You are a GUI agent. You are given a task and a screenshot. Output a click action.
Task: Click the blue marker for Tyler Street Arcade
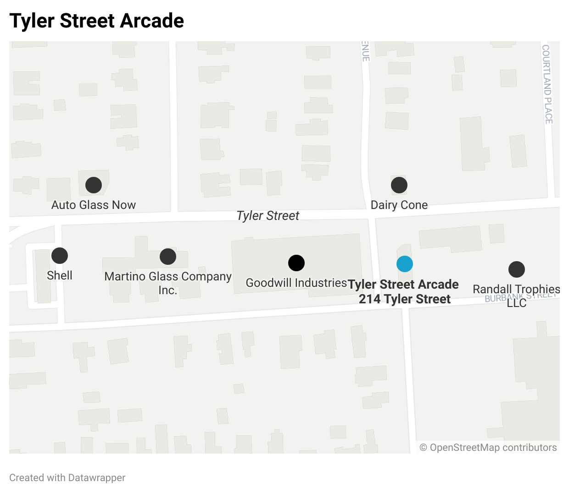click(405, 264)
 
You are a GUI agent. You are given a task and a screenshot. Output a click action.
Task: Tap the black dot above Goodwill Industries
click(296, 263)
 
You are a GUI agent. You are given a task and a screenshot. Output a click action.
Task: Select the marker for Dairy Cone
click(399, 185)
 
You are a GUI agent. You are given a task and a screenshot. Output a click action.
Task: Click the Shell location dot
click(60, 256)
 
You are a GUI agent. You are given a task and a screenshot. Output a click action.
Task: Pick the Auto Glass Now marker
click(94, 185)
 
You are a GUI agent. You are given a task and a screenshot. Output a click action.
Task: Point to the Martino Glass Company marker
click(168, 257)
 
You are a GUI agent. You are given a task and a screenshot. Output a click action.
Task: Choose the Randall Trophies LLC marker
click(517, 269)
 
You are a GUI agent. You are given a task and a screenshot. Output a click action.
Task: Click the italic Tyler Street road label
click(268, 215)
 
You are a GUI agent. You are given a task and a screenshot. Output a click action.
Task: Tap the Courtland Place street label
click(547, 84)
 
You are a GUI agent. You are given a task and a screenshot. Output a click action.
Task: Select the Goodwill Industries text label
click(296, 283)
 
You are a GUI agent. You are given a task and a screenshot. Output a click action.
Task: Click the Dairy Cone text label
click(399, 205)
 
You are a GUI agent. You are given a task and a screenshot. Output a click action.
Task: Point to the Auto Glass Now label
click(94, 205)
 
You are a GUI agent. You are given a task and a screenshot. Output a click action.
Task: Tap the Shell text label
click(60, 275)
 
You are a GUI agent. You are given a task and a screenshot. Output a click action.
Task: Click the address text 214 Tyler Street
click(405, 299)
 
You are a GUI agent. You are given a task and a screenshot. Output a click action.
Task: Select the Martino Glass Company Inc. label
click(168, 283)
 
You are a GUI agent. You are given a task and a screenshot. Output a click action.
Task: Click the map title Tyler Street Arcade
click(97, 21)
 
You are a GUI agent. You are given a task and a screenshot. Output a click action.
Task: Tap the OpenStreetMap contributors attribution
click(488, 448)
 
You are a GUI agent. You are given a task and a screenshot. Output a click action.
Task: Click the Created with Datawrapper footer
click(67, 478)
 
